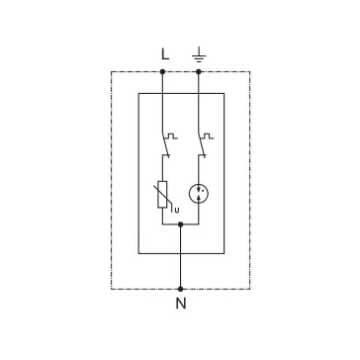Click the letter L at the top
click(165, 54)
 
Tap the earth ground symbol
click(199, 54)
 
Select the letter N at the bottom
click(181, 304)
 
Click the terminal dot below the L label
click(162, 71)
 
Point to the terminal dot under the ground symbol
click(199, 71)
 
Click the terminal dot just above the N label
click(180, 289)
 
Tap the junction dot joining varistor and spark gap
click(180, 225)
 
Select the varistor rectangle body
click(162, 195)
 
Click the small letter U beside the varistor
click(177, 211)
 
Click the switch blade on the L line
click(165, 143)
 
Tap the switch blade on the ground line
click(202, 143)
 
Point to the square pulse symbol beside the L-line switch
click(171, 136)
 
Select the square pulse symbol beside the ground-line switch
click(208, 136)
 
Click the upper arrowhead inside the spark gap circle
click(199, 190)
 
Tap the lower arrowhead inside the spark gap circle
click(199, 197)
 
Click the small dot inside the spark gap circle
click(203, 191)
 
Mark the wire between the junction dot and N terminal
click(180, 256)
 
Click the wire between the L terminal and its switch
click(162, 102)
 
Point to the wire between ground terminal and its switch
click(199, 102)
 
